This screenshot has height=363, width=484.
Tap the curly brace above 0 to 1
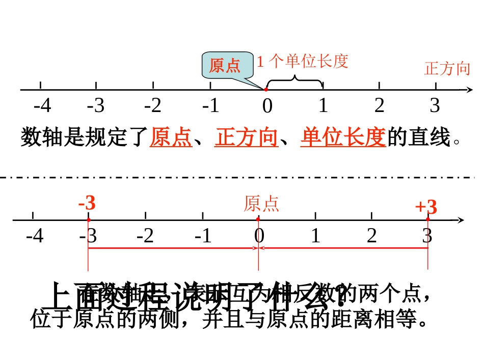coord(294,81)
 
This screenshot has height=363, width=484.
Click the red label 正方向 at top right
coord(447,68)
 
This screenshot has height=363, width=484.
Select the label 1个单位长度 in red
coord(302,62)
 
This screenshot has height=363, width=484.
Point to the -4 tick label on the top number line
coord(42,106)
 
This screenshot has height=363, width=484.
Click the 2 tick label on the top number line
coord(379,105)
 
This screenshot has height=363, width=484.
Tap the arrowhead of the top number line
coord(468,90)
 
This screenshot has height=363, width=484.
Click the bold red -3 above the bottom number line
coord(87,204)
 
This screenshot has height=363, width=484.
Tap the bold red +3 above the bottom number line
coord(426,207)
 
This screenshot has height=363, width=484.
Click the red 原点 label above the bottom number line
coord(261,204)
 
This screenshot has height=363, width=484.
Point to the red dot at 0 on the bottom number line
coord(258,219)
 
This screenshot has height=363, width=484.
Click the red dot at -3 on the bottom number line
coord(88,220)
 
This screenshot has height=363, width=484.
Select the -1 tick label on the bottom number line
coord(203,236)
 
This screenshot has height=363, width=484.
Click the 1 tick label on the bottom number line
coord(315,236)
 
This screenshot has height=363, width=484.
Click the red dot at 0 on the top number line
coord(266,90)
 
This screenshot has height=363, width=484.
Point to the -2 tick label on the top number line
coord(153,106)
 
